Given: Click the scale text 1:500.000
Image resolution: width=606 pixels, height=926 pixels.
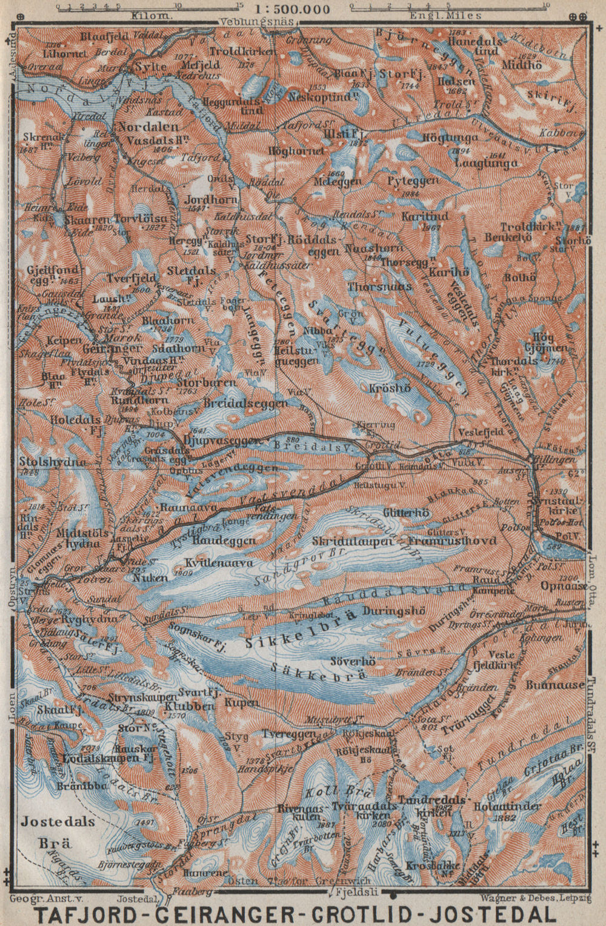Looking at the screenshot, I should point(293,9).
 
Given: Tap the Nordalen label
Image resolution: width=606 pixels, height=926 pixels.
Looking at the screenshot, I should point(148,127).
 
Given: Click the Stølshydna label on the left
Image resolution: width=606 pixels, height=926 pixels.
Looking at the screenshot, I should point(52,462).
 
